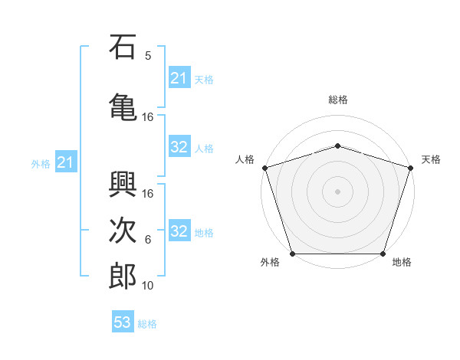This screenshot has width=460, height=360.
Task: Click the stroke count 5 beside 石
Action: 148,55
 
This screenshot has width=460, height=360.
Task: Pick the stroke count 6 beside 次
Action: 148,240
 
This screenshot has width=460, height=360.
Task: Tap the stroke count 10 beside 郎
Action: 148,286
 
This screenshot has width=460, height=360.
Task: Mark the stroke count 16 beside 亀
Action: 148,117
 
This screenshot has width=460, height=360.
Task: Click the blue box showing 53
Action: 123,322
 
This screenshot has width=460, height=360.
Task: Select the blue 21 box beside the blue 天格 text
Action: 179,78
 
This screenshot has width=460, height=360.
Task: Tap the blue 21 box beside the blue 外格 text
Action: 65,162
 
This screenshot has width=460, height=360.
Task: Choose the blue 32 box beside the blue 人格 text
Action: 179,147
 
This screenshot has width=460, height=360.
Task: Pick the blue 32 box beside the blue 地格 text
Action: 179,232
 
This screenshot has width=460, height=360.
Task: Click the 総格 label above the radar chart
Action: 337,100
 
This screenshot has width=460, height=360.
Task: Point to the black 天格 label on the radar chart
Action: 431,159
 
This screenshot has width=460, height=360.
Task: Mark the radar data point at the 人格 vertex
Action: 264,168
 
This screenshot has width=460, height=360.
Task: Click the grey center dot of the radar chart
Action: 337,191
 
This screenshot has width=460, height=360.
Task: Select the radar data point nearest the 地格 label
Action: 383,254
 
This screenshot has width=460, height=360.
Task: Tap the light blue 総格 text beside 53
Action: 147,324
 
